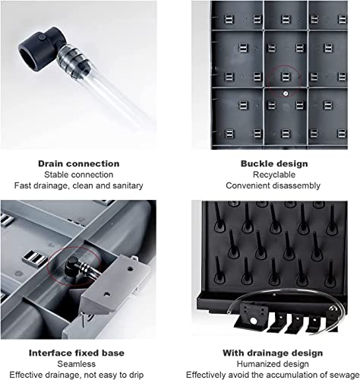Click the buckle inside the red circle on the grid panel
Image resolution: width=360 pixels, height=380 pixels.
click(x=286, y=77)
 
